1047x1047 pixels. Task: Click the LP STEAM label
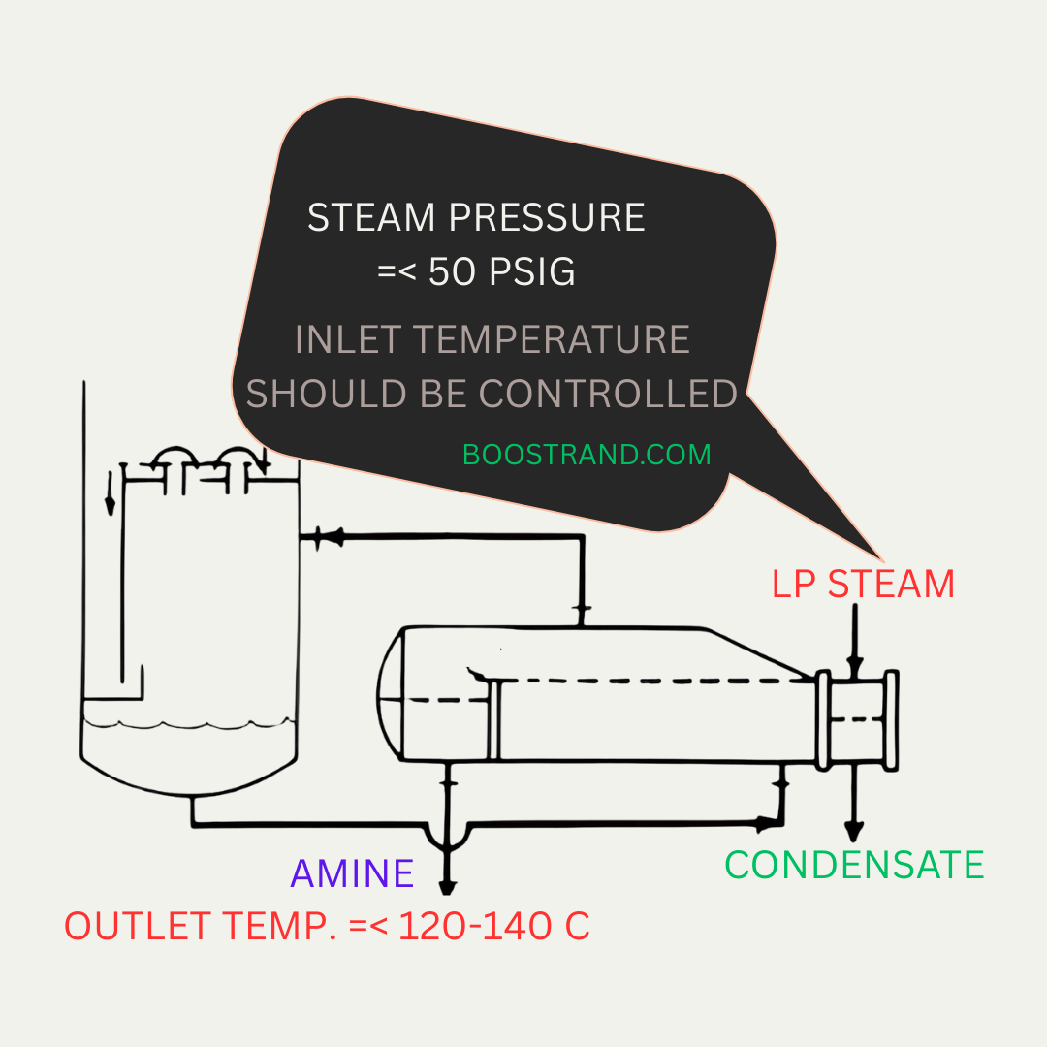[x=863, y=585]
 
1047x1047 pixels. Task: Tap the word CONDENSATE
[x=854, y=866]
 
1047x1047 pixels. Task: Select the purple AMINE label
[x=352, y=873]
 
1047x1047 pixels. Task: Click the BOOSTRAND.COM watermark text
[x=587, y=455]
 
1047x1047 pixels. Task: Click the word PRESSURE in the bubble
[x=547, y=218]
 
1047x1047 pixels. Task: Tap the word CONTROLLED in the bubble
[x=608, y=394]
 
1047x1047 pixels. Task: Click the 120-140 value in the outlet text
[x=475, y=926]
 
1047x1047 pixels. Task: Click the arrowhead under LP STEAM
[x=855, y=666]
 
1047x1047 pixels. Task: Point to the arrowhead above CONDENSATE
[x=854, y=832]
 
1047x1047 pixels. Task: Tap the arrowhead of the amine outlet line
[x=447, y=887]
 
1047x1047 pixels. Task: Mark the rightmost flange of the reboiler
[x=892, y=720]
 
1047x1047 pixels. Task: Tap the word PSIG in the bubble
[x=531, y=271]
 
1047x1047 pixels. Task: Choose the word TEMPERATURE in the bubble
[x=552, y=340]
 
